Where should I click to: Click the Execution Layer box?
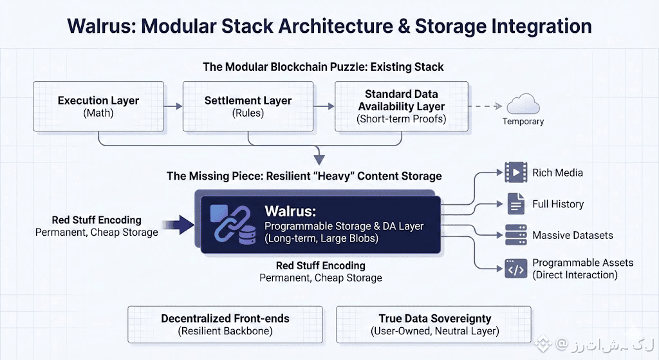pos(98,107)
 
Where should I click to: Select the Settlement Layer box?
pos(248,107)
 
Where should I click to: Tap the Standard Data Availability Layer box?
pos(401,107)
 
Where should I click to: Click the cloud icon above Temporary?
pos(523,104)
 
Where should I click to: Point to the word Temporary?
pos(523,122)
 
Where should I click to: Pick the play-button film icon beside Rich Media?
pos(515,173)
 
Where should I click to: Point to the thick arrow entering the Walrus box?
pos(180,225)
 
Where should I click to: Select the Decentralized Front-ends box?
pos(225,325)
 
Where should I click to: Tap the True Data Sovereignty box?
pos(434,325)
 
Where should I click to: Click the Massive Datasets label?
pos(573,236)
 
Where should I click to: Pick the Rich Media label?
pos(557,173)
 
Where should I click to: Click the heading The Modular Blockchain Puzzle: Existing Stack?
pos(323,67)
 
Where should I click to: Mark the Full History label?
pos(558,204)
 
